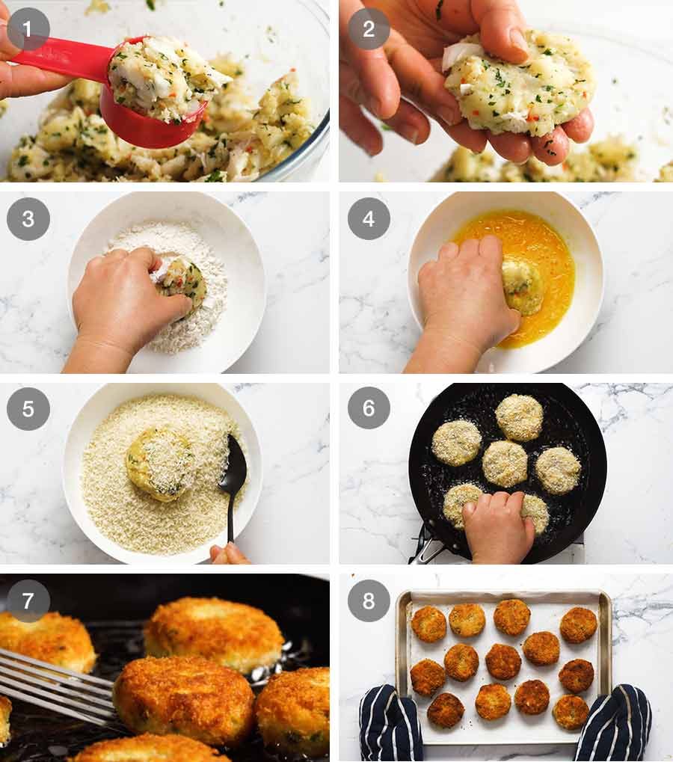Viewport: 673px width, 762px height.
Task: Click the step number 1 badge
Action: pyautogui.click(x=28, y=29)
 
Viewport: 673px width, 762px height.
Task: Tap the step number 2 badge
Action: pyautogui.click(x=369, y=29)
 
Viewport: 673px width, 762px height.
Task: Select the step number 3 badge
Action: pyautogui.click(x=28, y=218)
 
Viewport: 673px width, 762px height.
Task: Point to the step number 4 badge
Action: pyautogui.click(x=369, y=218)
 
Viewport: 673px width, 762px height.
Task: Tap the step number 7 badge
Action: pyautogui.click(x=28, y=600)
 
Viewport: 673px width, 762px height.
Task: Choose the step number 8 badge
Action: pyautogui.click(x=369, y=600)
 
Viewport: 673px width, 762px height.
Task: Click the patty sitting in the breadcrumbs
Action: pyautogui.click(x=162, y=463)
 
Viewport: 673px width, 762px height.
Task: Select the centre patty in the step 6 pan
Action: pyautogui.click(x=505, y=463)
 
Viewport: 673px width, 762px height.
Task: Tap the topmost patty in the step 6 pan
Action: pyautogui.click(x=520, y=417)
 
